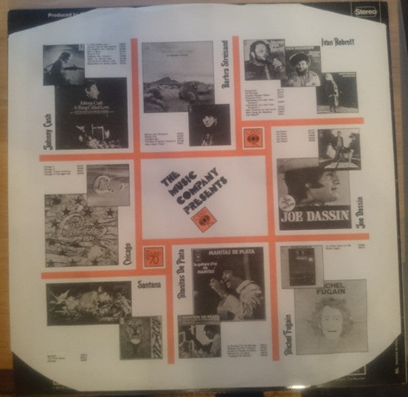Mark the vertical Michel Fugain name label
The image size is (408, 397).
tap(288, 334)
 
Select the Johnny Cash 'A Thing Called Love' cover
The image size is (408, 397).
tap(92, 112)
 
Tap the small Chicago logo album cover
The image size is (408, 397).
tap(107, 184)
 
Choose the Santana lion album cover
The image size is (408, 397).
tap(140, 337)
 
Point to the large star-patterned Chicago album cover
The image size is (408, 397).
tap(81, 230)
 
